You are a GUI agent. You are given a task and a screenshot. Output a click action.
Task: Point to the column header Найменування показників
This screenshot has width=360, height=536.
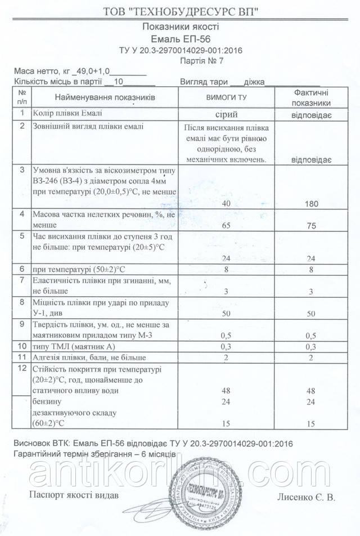tap(105, 97)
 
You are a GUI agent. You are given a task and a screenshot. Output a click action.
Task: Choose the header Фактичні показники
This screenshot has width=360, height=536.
tap(312, 97)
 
